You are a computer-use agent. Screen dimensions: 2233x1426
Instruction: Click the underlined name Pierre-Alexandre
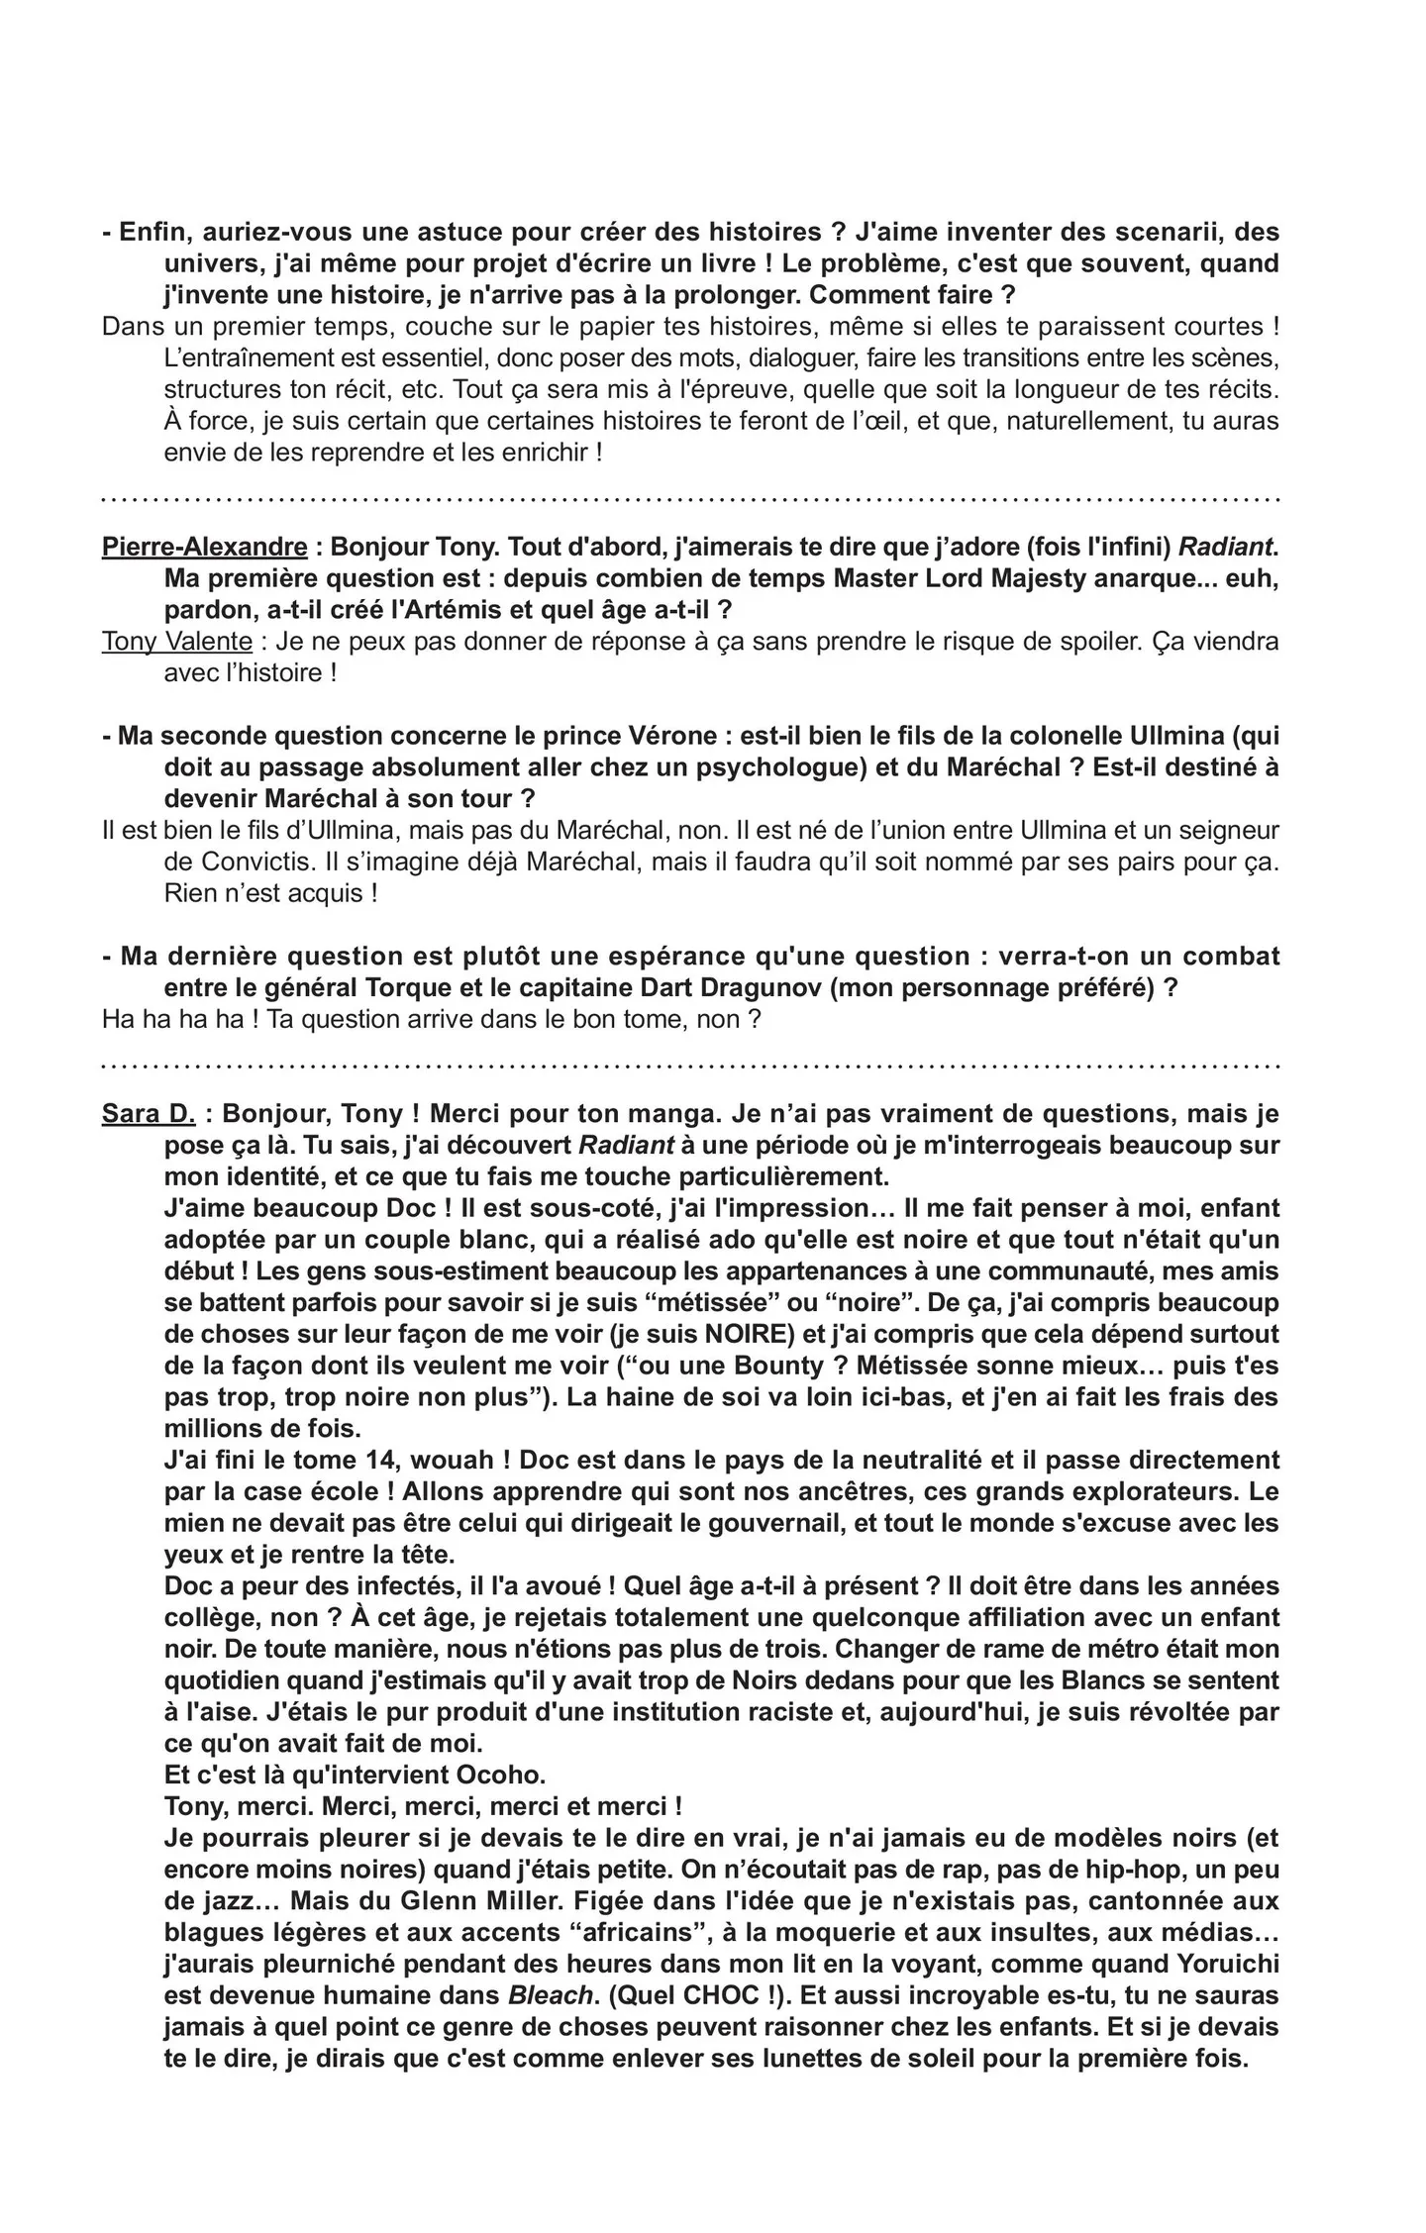(x=204, y=547)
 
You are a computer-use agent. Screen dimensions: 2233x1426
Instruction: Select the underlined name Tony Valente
(x=176, y=642)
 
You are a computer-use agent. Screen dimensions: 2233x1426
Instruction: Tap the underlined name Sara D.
(x=149, y=1113)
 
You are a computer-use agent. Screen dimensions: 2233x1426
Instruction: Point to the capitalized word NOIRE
(x=750, y=1334)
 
